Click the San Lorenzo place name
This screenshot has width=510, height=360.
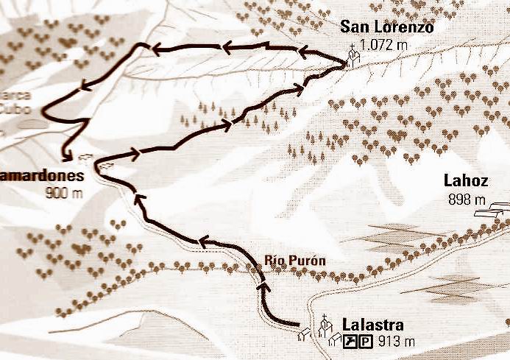point(386,27)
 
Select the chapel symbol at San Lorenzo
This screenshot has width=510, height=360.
point(353,57)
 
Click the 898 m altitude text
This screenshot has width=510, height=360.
point(467,200)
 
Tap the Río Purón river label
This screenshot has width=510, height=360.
point(295,261)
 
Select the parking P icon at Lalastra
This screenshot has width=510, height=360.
point(366,341)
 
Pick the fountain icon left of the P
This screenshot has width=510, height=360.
point(353,341)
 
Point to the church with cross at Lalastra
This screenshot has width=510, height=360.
point(324,326)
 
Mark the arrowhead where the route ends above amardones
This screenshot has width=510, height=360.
point(68,155)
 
